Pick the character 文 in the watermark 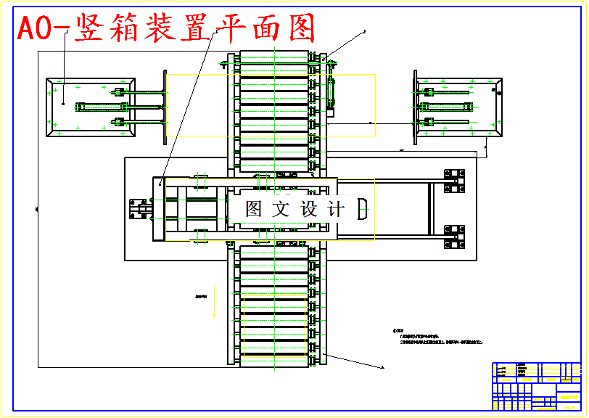[281, 210]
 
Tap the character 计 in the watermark [336, 210]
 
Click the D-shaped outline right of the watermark [363, 209]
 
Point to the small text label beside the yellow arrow [201, 296]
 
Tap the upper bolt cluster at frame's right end [454, 181]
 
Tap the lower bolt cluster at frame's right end [454, 237]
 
